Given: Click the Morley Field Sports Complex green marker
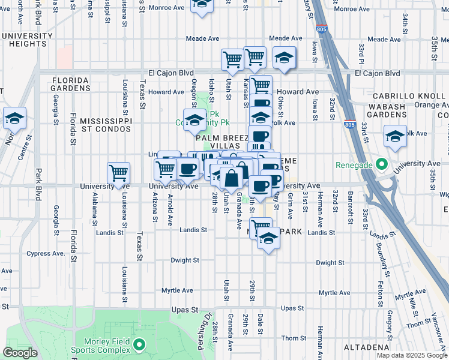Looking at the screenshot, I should tap(140, 344).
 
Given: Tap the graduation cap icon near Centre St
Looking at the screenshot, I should tap(14, 117).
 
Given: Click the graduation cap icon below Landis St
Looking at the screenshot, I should tap(268, 239).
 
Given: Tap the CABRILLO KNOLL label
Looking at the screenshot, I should tap(409, 96).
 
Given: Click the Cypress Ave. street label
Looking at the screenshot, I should tap(46, 253).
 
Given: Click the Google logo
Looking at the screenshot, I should tap(20, 353).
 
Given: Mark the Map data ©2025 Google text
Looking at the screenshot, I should tap(411, 355).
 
